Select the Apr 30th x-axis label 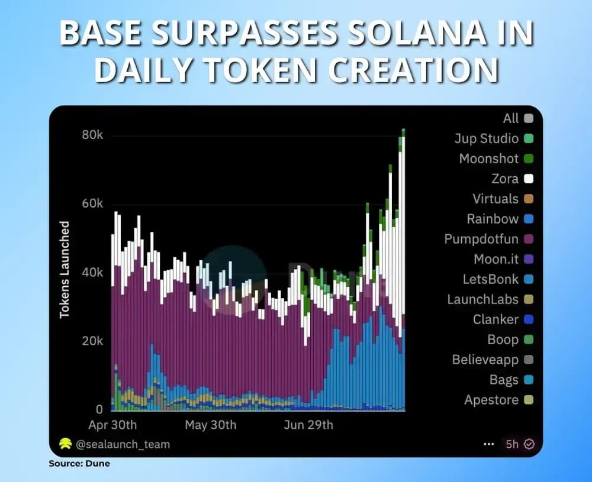coord(112,425)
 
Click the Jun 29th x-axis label coord(308,425)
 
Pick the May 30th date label coord(210,425)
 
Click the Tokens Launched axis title coord(65,270)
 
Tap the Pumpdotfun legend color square coord(529,239)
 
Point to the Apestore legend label coord(491,400)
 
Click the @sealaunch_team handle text coord(123,444)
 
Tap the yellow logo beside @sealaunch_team coord(65,444)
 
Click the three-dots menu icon coord(488,444)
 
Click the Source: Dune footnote coord(79,464)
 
